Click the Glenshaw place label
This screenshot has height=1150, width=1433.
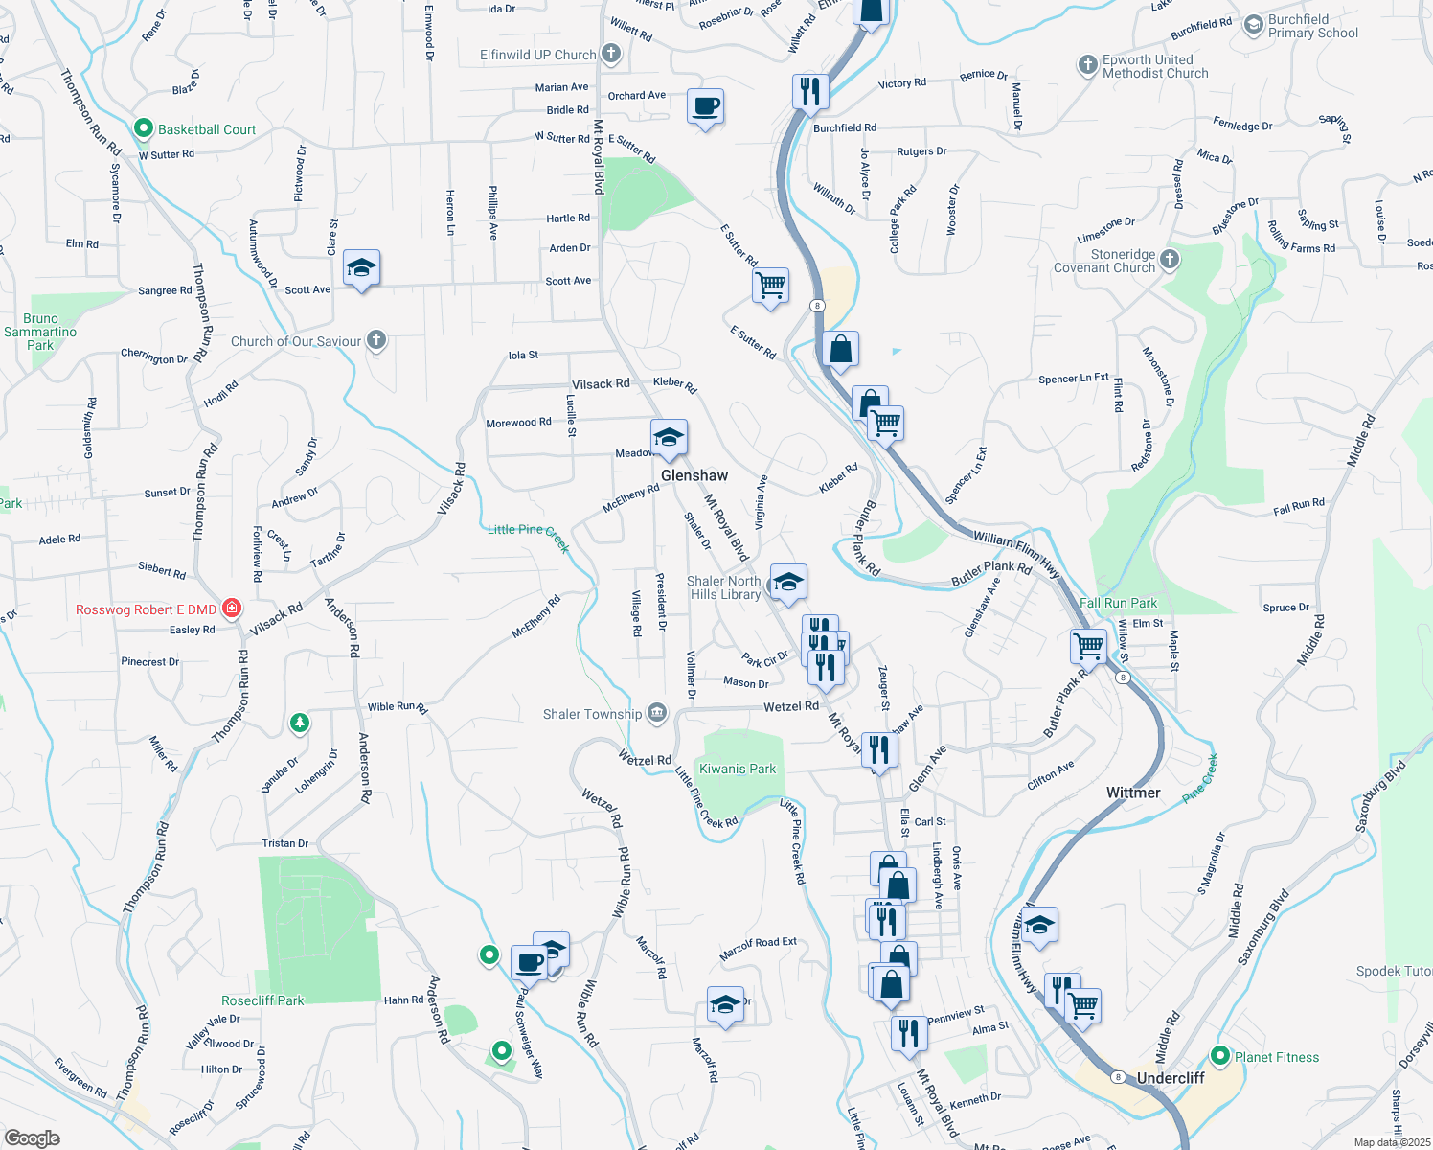click(694, 475)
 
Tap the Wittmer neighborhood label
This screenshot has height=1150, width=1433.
click(1133, 793)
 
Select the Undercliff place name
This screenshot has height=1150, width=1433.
click(1171, 1078)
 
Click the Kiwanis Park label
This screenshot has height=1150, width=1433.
click(738, 769)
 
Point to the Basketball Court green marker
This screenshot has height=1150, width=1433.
click(144, 128)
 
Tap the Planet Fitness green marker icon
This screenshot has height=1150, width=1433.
click(1220, 1056)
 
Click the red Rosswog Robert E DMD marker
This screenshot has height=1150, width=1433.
click(231, 609)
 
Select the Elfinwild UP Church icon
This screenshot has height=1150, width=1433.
click(611, 55)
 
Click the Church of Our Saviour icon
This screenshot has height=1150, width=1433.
click(376, 340)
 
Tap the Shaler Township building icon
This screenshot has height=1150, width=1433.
click(656, 713)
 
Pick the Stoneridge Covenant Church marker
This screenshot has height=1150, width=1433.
click(1170, 260)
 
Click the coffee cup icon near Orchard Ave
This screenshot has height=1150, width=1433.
click(705, 106)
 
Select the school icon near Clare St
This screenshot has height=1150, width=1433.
click(361, 268)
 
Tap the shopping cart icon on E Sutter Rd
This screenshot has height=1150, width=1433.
click(770, 285)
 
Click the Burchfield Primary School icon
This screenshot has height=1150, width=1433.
click(1253, 26)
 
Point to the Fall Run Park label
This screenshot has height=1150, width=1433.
click(1118, 603)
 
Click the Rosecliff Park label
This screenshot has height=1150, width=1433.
click(262, 1000)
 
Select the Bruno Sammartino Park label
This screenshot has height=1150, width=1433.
click(40, 332)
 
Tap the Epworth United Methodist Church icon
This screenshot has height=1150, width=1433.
click(1087, 65)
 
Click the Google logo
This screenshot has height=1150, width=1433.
click(32, 1138)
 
